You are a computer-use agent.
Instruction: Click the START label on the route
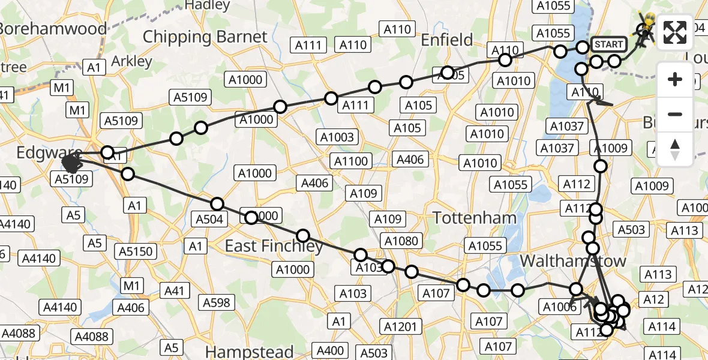[x=609, y=44]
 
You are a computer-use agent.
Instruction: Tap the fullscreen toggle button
[x=675, y=32]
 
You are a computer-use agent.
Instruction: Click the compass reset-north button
[x=675, y=149]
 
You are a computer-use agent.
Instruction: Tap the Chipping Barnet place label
[x=205, y=37]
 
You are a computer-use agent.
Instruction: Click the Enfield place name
[x=446, y=40]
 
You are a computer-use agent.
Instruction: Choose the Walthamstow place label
[x=572, y=261]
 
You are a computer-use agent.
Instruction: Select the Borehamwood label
[x=53, y=28]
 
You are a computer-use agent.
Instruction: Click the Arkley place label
[x=131, y=61]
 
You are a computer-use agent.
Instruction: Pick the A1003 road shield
[x=337, y=137]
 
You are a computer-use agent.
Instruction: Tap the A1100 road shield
[x=351, y=161]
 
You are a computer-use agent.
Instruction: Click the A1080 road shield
[x=401, y=241]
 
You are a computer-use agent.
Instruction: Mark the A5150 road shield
[x=137, y=251]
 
